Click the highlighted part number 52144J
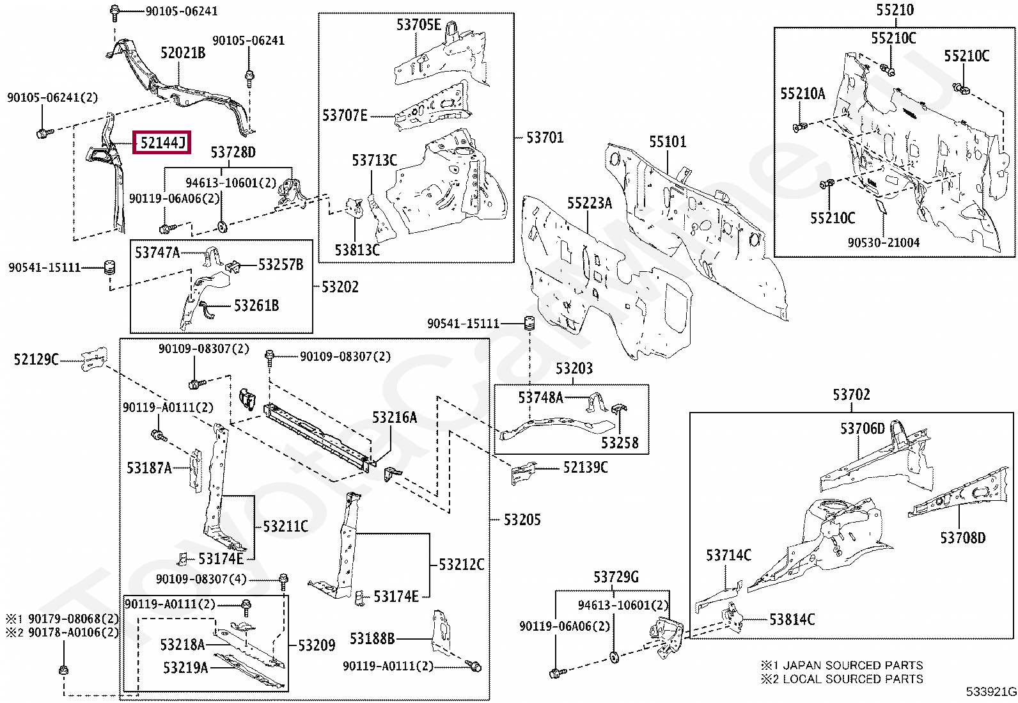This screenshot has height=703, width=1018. pos(162,142)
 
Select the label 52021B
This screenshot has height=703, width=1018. pos(183,52)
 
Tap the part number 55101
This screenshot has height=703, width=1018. pos(668,141)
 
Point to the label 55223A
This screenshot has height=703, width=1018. pos(589,203)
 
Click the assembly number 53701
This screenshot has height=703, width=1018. pos(545,138)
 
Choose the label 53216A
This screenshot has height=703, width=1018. pos(395,418)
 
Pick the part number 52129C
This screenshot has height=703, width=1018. pos(36,359)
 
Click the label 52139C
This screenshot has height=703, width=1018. pos(585,468)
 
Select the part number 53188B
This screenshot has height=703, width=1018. pos(372,638)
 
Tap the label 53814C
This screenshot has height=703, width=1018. pos(792,619)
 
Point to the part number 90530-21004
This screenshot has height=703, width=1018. pos(883,243)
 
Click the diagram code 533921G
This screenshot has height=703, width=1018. pos(991,691)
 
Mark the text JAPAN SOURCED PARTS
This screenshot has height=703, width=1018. pos(853,665)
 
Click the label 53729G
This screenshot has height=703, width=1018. pos(616,577)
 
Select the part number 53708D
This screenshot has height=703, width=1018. pos(962,538)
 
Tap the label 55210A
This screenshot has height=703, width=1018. pos(803,94)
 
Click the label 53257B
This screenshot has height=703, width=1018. pos(281,265)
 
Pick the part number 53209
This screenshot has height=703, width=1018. pos(317,645)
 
